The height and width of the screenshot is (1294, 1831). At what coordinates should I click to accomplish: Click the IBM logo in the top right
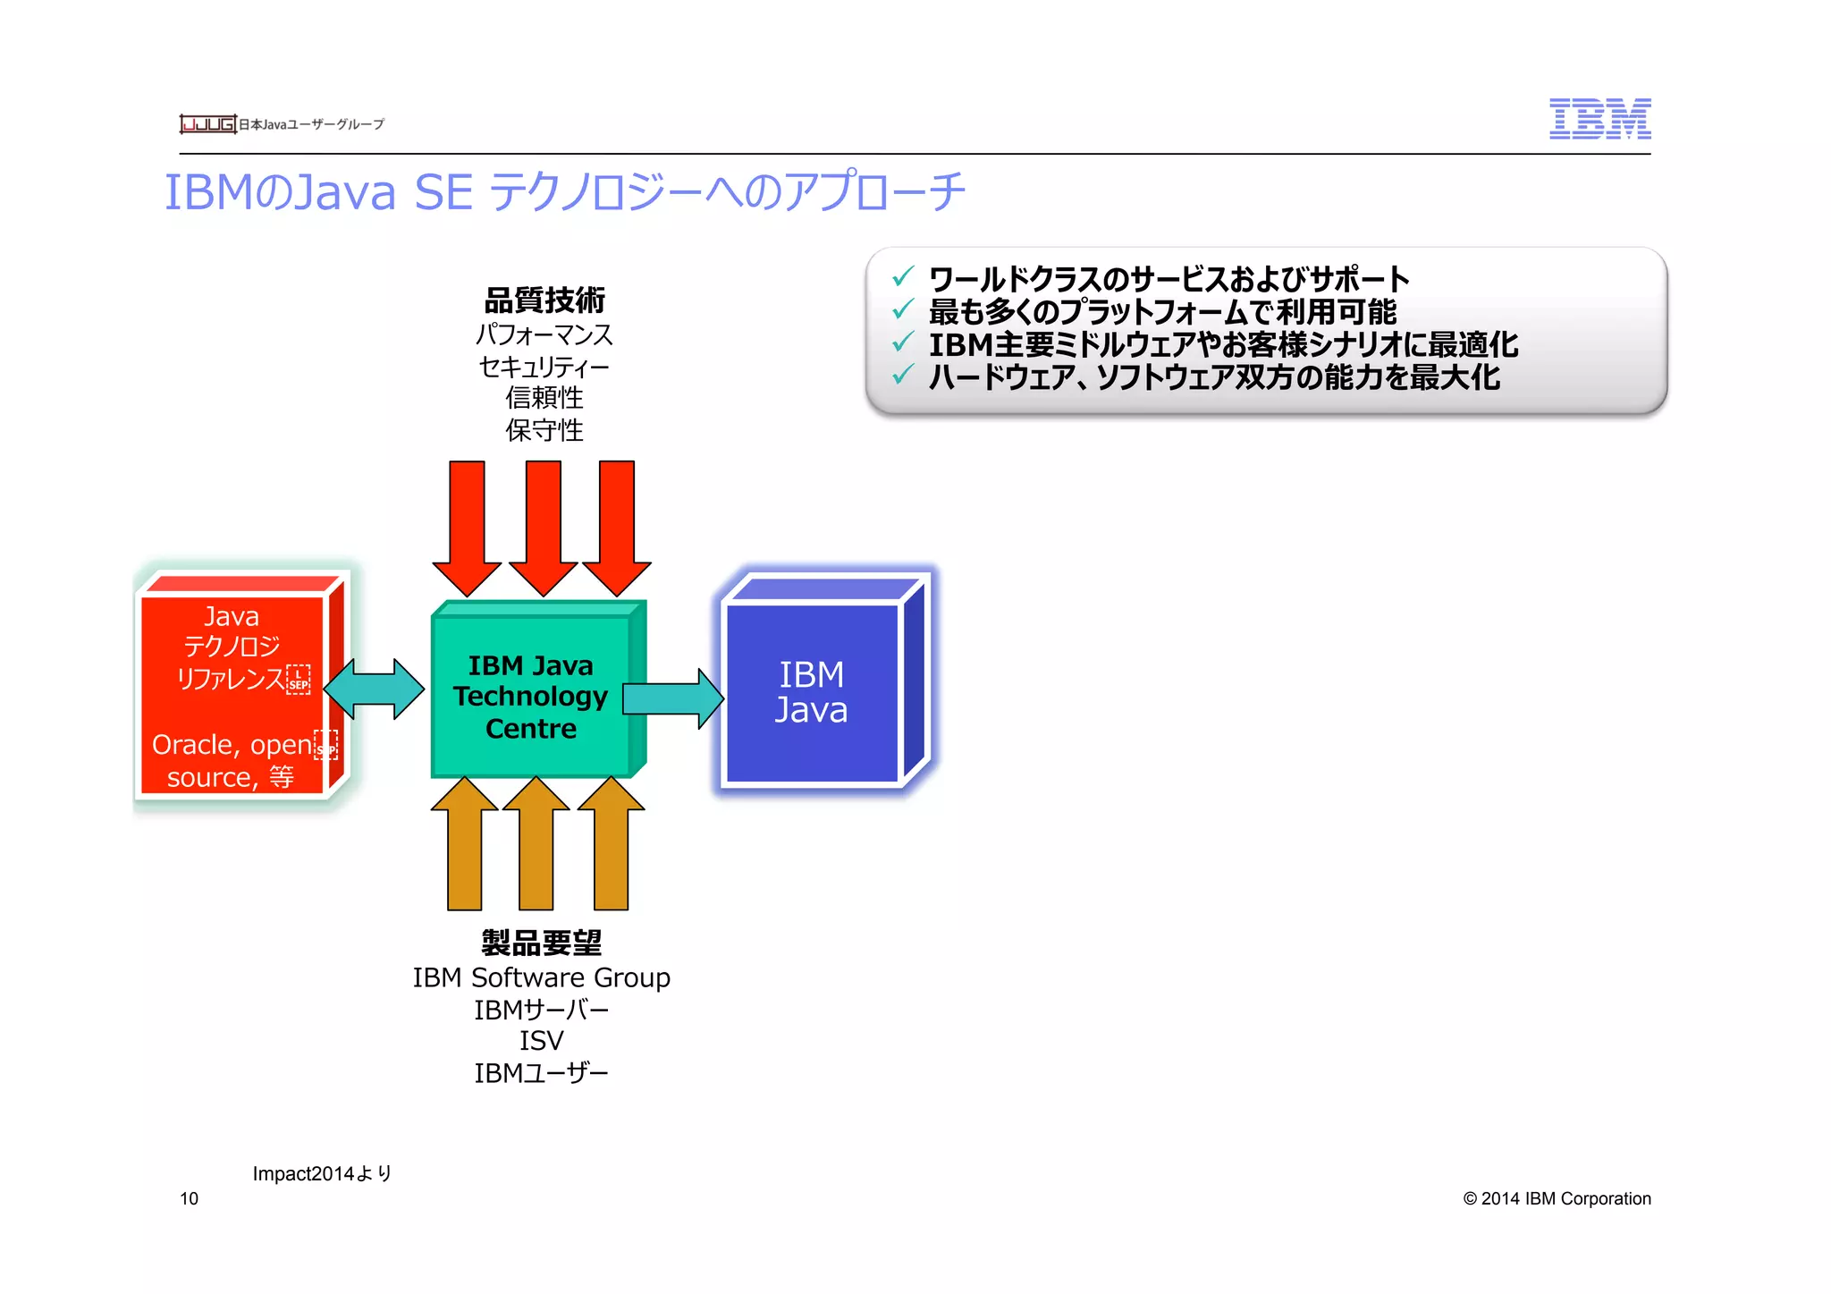click(1599, 119)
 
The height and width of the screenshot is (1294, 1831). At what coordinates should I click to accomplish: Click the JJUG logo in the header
click(207, 123)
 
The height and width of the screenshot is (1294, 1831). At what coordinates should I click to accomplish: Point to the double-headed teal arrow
click(373, 689)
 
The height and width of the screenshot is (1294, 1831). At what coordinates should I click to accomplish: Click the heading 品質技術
click(544, 300)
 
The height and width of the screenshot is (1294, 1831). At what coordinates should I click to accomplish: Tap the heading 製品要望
click(542, 943)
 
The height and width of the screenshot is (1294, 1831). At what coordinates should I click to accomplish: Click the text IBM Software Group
click(541, 977)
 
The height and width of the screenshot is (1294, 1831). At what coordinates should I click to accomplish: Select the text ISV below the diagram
click(541, 1041)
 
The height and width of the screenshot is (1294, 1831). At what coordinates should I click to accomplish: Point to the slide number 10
click(189, 1198)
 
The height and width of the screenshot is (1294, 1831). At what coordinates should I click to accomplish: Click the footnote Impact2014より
click(322, 1173)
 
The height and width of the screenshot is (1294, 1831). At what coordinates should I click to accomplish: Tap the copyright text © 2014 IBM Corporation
click(1557, 1198)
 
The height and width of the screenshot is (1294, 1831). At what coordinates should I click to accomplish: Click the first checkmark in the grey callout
click(903, 276)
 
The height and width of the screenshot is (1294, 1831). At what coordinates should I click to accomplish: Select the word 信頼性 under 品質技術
click(544, 397)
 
